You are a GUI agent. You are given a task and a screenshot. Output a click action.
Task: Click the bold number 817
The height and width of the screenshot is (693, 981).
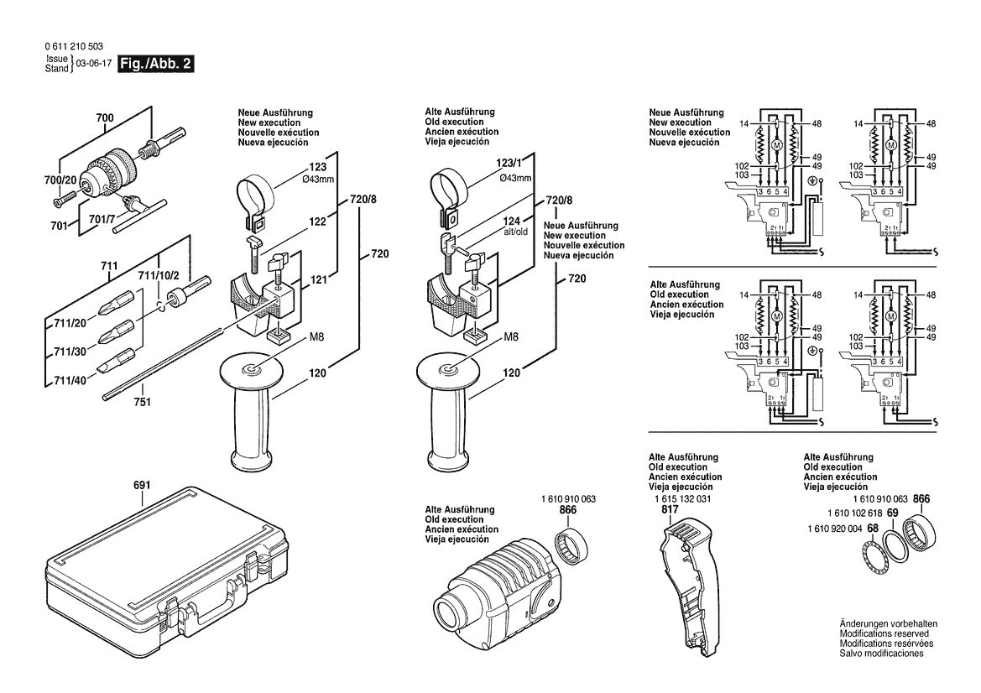point(669,508)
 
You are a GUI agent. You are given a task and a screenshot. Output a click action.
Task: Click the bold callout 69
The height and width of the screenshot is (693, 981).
point(893,513)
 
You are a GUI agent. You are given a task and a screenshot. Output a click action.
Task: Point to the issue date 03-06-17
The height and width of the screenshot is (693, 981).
point(92,64)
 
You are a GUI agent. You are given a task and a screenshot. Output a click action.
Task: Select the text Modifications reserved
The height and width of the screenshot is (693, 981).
point(889,633)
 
